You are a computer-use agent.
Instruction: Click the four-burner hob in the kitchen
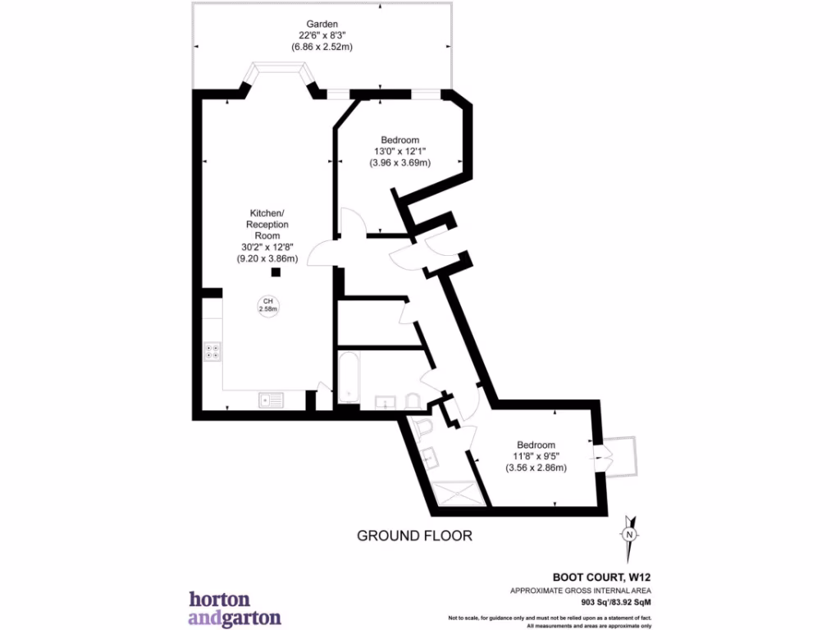point(212,351)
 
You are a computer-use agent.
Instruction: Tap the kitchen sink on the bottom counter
point(270,399)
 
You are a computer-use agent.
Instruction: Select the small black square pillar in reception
point(276,272)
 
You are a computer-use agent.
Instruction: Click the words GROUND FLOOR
point(414,536)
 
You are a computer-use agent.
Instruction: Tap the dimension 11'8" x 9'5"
point(536,456)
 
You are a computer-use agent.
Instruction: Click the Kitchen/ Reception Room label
point(267,224)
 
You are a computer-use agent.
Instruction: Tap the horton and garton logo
point(235,608)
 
